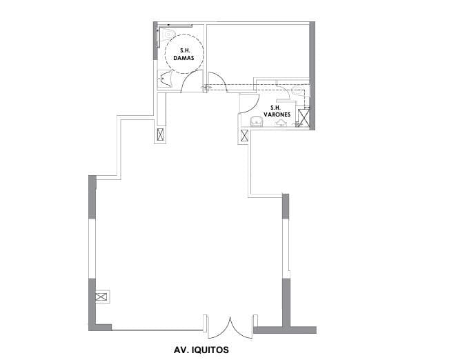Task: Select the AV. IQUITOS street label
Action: coord(201,350)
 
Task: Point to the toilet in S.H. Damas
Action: coord(170,34)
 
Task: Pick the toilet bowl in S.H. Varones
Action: coord(297,90)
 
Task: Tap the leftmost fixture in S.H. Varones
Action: coord(256,123)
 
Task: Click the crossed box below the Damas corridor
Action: coord(161,135)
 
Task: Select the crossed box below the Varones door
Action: coord(244,135)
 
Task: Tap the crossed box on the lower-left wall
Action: coord(101,297)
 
